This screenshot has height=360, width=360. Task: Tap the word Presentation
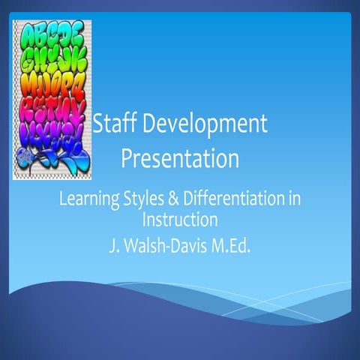180,159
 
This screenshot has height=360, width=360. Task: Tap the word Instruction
180,220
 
